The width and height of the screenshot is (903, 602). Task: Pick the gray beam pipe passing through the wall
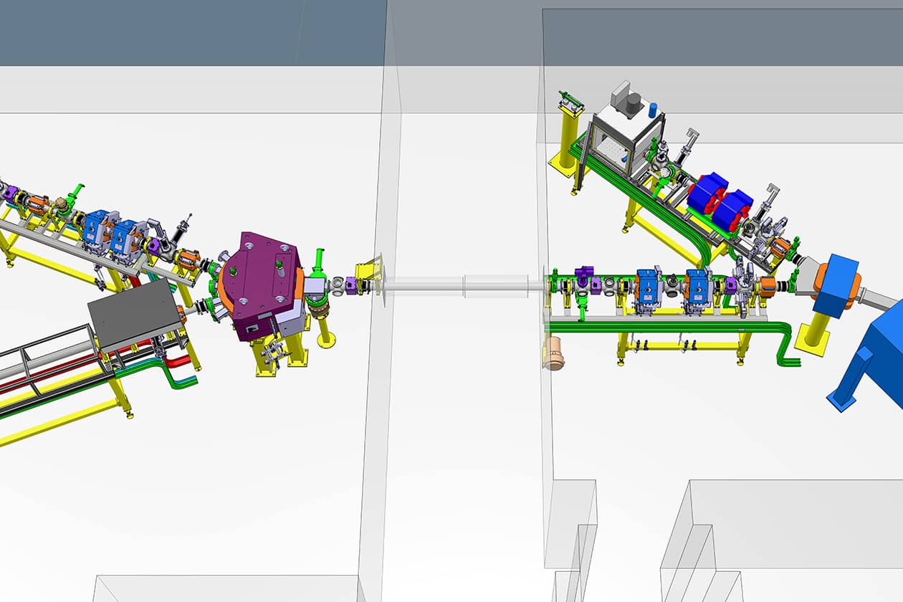tap(459, 285)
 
